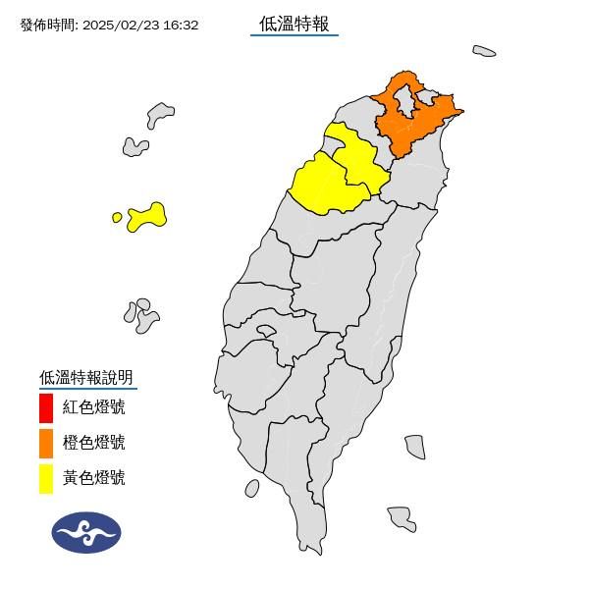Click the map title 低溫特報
click(x=294, y=24)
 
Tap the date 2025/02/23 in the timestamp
click(x=118, y=25)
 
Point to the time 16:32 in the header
click(x=181, y=25)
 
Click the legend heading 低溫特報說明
click(x=85, y=377)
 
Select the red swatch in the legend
click(x=46, y=406)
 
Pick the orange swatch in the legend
click(x=46, y=443)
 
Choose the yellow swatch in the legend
click(x=46, y=479)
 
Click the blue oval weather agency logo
click(x=86, y=532)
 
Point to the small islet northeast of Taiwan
click(x=483, y=51)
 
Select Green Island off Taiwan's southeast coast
click(x=414, y=447)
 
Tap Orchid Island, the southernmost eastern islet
click(x=402, y=517)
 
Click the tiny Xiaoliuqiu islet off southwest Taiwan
click(x=252, y=488)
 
